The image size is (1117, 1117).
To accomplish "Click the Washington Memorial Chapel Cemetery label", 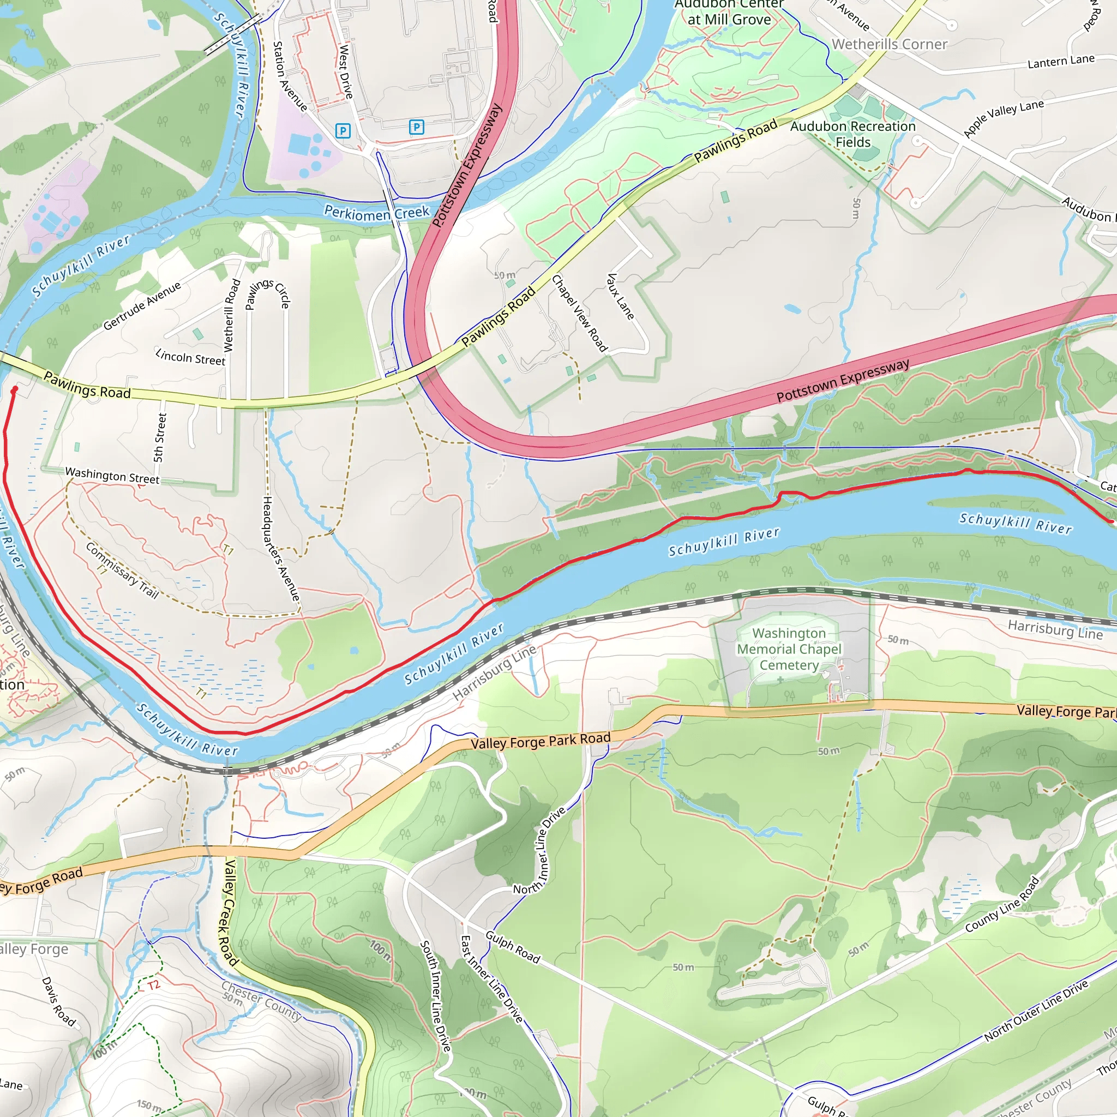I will point(789,649).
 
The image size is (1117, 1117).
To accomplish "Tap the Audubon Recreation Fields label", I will point(853,134).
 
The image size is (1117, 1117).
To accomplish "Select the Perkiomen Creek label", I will point(376,213).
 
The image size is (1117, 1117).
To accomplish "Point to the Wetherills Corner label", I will point(889,44).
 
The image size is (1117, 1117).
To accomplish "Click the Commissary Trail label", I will point(122,570).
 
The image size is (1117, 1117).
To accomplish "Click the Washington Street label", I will point(112,475).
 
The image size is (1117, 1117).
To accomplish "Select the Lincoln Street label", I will point(190,357).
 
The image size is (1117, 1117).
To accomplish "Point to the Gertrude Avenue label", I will point(142,305).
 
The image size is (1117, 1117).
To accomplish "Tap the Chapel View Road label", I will point(579,313).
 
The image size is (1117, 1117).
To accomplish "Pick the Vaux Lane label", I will point(620,296).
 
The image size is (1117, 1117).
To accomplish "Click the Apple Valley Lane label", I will point(1003,118).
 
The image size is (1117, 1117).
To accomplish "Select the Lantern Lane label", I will point(1061,61).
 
